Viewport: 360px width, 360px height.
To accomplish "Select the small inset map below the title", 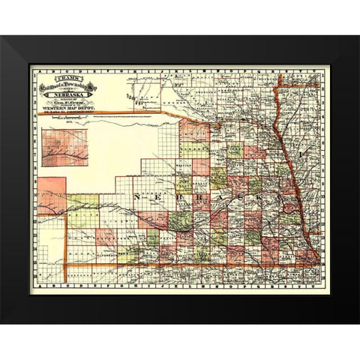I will pos(65,146).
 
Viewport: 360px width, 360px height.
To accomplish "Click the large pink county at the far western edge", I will pos(52,196).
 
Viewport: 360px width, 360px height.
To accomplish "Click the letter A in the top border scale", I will pos(34,67).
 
